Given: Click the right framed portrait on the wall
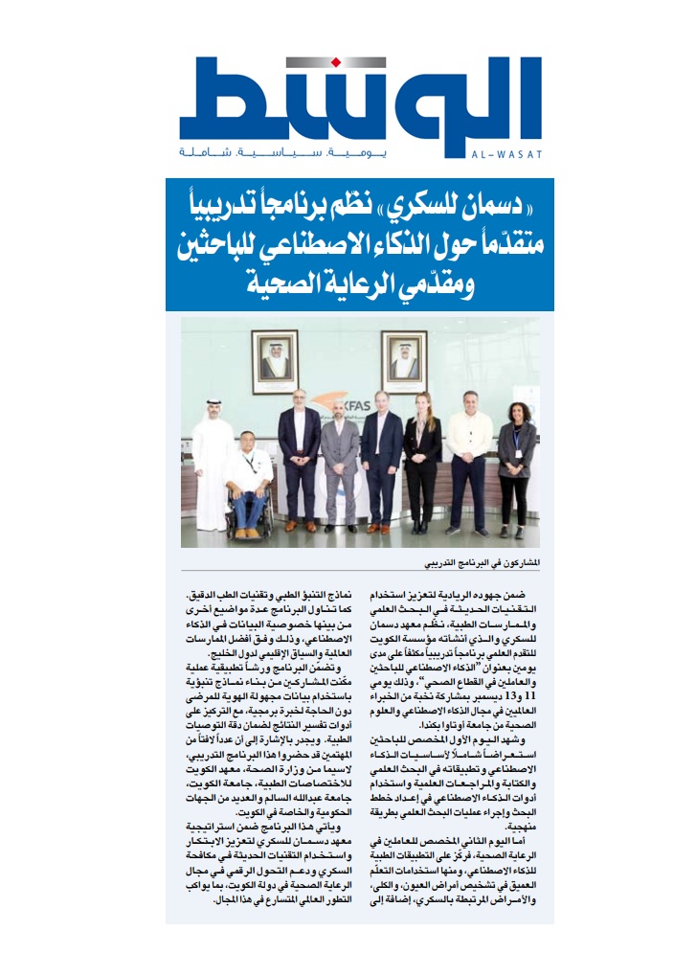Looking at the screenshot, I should pos(409,360).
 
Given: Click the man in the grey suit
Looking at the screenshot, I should pos(340,460).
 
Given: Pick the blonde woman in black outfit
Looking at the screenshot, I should pos(422,460).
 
